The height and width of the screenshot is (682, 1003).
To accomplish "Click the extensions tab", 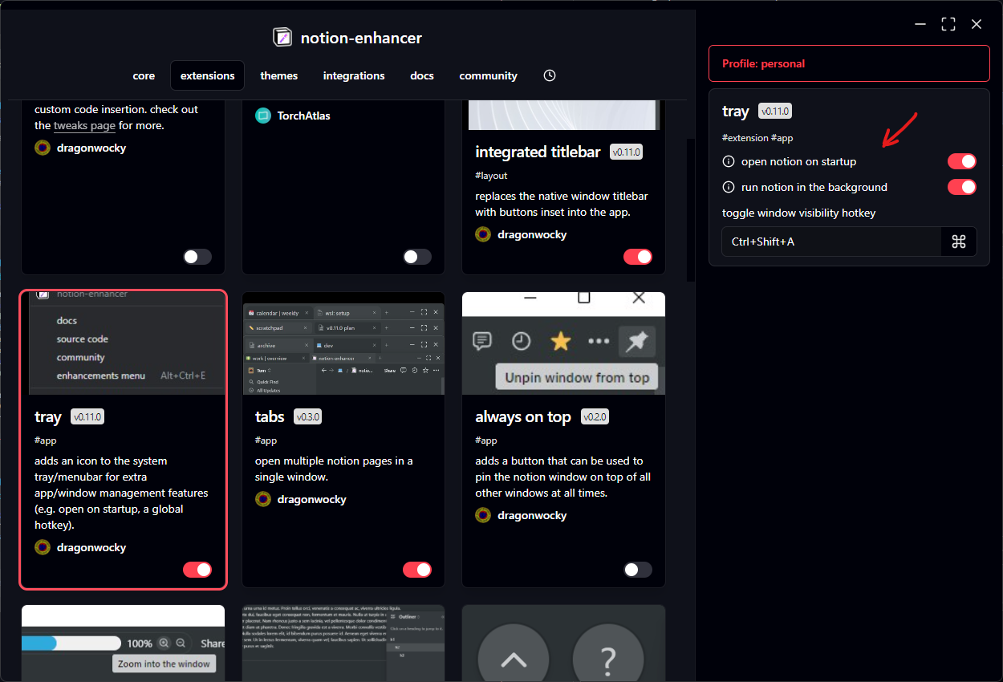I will coord(207,75).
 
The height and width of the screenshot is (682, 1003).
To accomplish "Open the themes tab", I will coord(278,75).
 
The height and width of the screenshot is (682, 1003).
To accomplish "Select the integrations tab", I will coord(354,75).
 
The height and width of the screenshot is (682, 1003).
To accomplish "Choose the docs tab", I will coord(422,75).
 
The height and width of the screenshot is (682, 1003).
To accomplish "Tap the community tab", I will coord(488,75).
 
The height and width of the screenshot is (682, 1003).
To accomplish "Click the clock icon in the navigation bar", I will coord(550,75).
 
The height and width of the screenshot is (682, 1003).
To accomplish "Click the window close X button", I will coord(977,24).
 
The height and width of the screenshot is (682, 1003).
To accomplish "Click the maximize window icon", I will coord(948,24).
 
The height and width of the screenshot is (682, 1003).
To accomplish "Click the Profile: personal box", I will coord(849,63).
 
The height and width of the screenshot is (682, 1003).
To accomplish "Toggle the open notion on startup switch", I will coord(962,161).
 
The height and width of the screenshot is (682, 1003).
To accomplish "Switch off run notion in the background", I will coord(962,187).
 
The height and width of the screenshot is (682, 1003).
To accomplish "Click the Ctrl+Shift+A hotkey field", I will coord(830,242).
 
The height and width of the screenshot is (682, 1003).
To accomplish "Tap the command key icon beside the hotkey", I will coord(958,242).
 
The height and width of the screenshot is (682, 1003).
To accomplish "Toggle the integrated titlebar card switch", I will coord(638,257).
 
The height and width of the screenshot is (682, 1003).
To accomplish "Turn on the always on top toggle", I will coord(638,570).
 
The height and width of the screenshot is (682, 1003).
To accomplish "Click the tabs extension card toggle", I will coord(417,570).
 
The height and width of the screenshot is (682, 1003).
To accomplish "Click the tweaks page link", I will coord(84,126).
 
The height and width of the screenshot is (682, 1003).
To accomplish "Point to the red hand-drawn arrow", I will coord(899,130).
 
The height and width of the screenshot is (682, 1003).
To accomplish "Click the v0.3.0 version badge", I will coord(307,417).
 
